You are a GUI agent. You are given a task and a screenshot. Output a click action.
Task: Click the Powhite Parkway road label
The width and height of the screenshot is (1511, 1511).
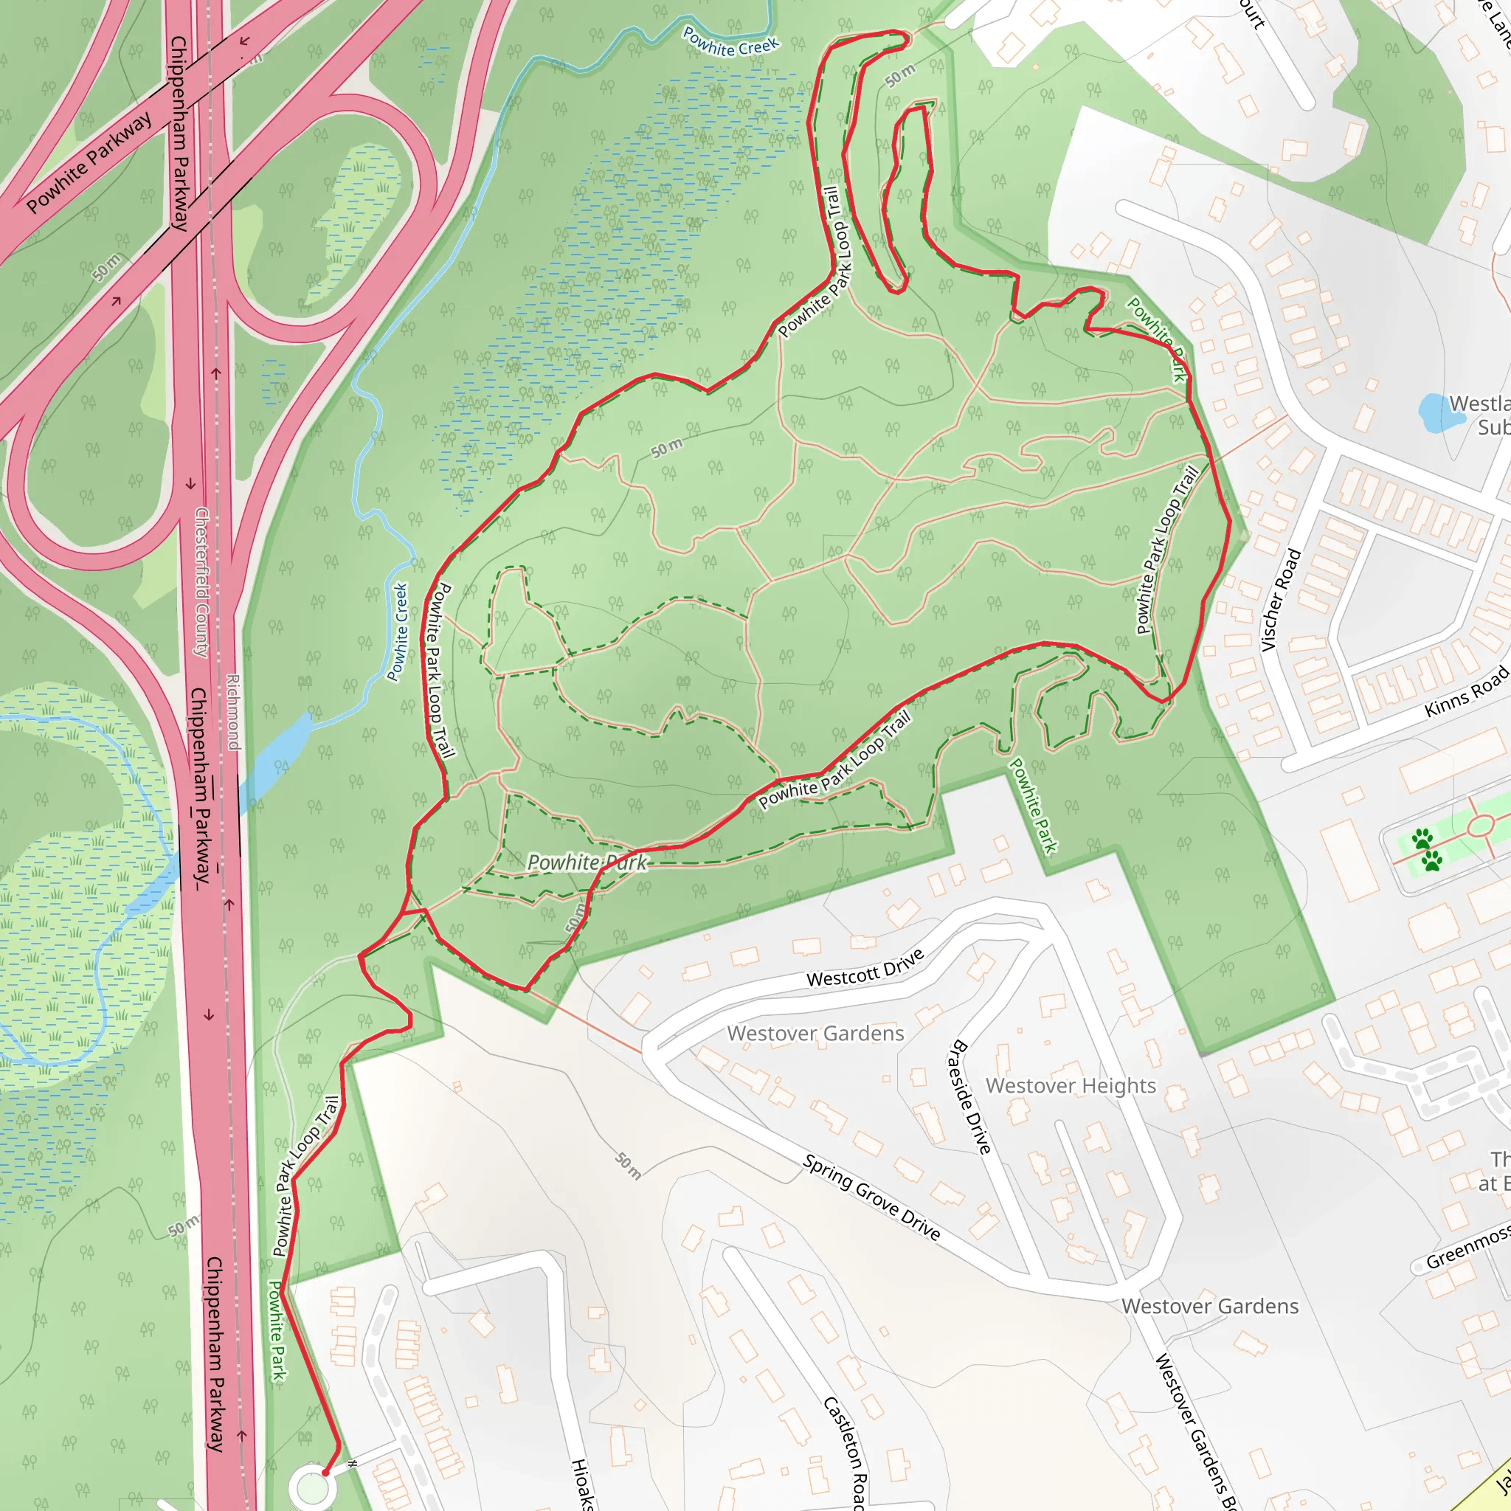(89, 162)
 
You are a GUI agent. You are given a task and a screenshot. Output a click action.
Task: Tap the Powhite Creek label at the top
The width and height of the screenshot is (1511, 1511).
(730, 41)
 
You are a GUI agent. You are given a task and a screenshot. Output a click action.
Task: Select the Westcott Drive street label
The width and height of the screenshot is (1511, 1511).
(865, 967)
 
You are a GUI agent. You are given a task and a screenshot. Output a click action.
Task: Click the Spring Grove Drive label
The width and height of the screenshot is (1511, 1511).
(871, 1197)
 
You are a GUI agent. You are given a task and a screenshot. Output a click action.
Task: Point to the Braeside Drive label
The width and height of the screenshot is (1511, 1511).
(972, 1096)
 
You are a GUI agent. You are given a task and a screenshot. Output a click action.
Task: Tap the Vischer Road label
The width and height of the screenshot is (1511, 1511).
(1281, 601)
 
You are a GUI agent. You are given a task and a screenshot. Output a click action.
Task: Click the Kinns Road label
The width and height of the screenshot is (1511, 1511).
(1466, 691)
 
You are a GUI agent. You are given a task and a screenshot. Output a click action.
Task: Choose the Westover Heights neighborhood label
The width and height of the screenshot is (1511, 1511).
(1070, 1085)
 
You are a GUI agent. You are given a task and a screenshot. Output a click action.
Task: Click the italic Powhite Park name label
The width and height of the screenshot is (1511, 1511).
(587, 862)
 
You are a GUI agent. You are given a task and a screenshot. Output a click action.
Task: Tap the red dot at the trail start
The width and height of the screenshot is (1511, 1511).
(325, 1473)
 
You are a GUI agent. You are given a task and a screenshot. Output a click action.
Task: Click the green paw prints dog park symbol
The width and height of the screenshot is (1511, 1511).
(1428, 851)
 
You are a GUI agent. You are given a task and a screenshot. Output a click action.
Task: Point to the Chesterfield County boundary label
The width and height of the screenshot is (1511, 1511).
(201, 583)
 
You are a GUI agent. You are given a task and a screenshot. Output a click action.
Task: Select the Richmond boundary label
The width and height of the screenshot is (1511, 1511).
(233, 712)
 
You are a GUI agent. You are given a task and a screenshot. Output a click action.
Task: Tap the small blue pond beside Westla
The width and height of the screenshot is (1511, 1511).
(1441, 412)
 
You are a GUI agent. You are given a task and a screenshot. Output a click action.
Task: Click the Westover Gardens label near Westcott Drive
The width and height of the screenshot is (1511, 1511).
(815, 1034)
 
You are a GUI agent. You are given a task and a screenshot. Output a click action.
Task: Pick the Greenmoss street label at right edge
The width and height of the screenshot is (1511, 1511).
(1467, 1250)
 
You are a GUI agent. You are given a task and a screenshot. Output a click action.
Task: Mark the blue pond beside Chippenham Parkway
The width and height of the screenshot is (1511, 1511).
(275, 758)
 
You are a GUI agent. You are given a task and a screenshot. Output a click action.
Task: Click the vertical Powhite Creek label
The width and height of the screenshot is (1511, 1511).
(398, 632)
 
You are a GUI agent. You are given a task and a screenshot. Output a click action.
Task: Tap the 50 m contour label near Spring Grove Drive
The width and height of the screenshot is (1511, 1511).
(628, 1164)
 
